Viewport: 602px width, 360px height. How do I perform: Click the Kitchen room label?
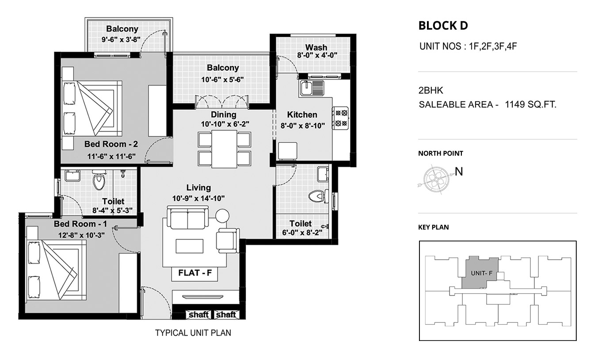302,115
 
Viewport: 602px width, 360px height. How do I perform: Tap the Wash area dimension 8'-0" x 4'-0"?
317,55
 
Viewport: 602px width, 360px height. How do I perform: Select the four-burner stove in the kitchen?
341,118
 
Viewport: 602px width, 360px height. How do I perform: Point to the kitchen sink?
312,88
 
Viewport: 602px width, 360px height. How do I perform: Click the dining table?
224,149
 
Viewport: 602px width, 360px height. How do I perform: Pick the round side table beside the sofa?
222,216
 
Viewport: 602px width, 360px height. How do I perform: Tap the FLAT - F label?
195,273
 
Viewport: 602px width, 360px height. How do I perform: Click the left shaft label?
198,314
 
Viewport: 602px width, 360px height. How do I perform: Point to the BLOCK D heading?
443,26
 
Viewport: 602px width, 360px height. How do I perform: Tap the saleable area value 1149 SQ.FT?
530,104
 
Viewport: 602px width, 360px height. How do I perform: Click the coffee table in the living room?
190,246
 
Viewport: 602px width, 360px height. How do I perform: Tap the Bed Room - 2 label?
111,144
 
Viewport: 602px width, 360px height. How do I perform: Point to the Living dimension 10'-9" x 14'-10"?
198,199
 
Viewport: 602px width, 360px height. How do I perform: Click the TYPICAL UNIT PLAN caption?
193,333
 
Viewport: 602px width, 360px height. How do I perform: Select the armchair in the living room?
227,241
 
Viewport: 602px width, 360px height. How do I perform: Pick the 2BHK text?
431,90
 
